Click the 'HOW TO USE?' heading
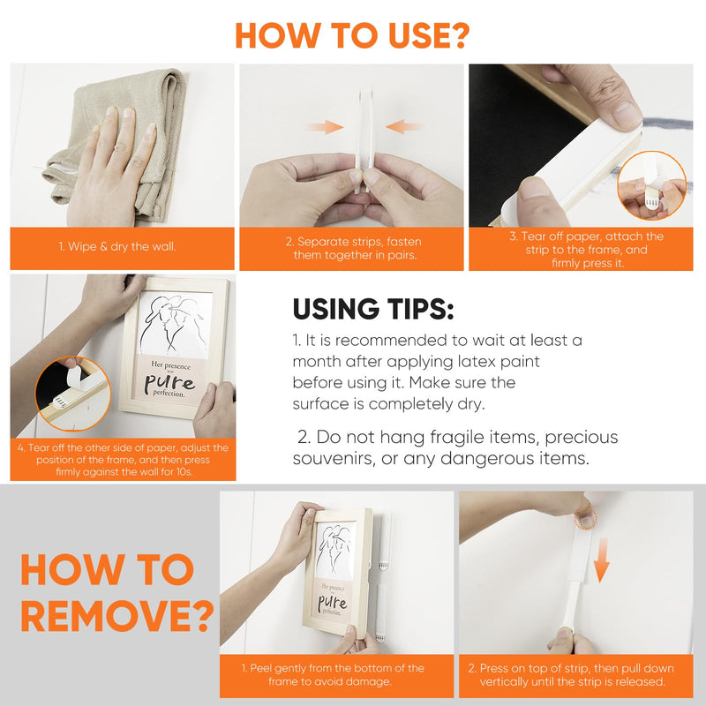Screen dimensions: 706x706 tap(352, 35)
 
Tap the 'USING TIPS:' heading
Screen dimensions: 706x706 tap(373, 309)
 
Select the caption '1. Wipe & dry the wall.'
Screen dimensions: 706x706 tap(117, 247)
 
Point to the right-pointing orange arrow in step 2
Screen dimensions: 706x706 tap(326, 127)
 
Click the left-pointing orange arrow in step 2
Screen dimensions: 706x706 tap(403, 126)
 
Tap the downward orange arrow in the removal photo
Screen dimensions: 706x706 tap(602, 560)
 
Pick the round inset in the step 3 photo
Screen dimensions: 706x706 tap(652, 185)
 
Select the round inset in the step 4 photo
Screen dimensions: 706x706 tap(72, 394)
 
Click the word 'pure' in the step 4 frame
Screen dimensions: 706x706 tap(169, 383)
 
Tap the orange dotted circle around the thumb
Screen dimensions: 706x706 tap(586, 519)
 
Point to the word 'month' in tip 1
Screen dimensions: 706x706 tap(317, 362)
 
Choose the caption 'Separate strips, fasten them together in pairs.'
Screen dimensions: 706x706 tap(355, 249)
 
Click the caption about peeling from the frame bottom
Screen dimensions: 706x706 tap(333, 674)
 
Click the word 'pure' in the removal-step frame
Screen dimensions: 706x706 tap(333, 603)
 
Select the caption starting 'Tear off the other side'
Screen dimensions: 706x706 tap(123, 460)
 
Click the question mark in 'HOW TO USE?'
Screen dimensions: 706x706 tap(460, 35)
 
